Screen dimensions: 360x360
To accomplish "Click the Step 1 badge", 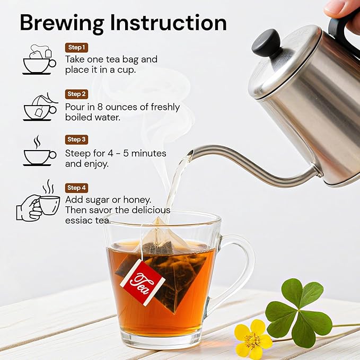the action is pyautogui.click(x=76, y=48).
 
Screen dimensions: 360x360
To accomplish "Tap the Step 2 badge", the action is pyautogui.click(x=76, y=94).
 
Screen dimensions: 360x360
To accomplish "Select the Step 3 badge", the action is pyautogui.click(x=76, y=139).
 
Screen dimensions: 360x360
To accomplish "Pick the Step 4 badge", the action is pyautogui.click(x=76, y=188).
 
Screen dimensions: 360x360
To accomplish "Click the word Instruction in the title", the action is pyautogui.click(x=169, y=23).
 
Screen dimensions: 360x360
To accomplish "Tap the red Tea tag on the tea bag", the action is pyautogui.click(x=142, y=283).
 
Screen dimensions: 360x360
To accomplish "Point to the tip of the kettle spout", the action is pyautogui.click(x=191, y=153).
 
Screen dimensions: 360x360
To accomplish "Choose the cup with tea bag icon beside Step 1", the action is pyautogui.click(x=39, y=60).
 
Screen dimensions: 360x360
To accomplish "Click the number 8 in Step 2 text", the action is pyautogui.click(x=100, y=107).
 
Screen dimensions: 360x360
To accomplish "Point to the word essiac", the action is pyautogui.click(x=79, y=221).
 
